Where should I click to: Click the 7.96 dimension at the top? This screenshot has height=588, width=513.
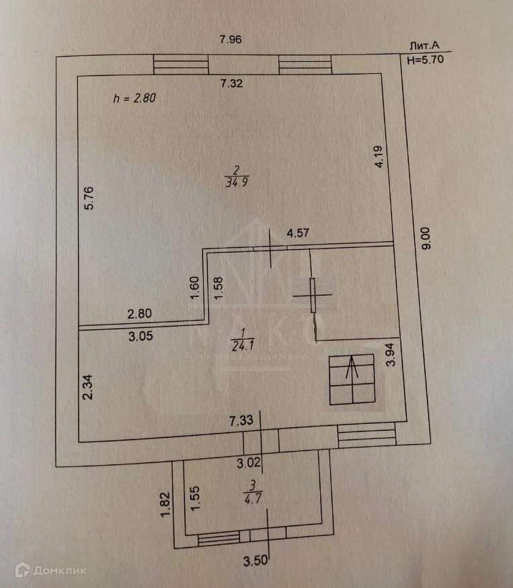pos(231,39)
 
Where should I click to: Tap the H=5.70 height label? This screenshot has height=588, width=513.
pos(426,58)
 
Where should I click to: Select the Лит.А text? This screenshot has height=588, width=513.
pos(424,46)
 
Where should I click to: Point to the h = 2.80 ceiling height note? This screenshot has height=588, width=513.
pos(134,98)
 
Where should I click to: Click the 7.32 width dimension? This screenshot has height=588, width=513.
pos(233,84)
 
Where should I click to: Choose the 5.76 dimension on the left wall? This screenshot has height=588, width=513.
pos(94,198)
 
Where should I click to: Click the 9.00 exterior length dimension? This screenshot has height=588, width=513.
pos(428,238)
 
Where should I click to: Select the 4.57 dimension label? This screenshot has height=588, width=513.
pos(298,234)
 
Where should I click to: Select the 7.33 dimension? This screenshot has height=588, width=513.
pos(241,421)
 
